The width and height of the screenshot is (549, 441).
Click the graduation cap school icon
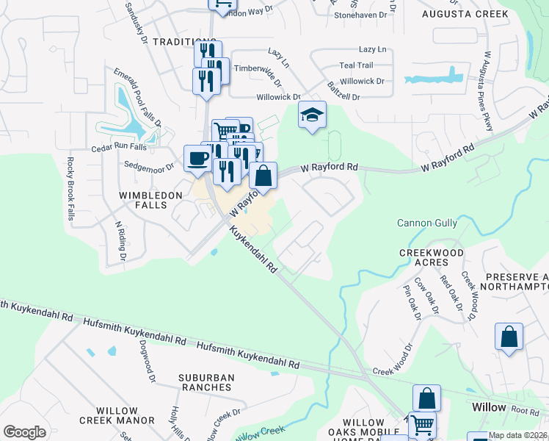pos(312,115)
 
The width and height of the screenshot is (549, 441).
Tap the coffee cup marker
pos(197,159)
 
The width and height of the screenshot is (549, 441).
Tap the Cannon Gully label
pos(427,223)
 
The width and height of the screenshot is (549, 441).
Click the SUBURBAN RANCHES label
pos(206,383)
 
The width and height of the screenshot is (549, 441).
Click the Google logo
pos(24,432)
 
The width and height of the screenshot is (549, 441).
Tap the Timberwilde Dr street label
pos(258,68)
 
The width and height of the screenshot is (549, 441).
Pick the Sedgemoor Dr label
pos(149,166)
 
